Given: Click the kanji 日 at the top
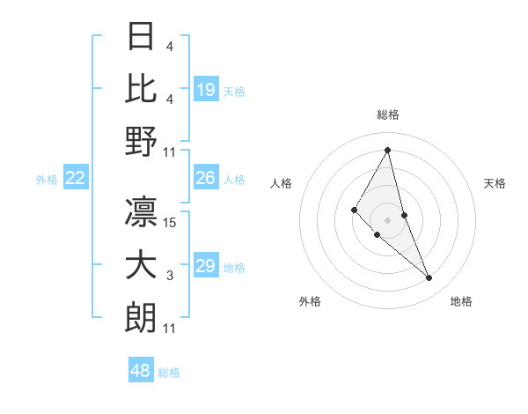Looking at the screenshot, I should [142, 37].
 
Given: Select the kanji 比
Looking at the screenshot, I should [142, 88].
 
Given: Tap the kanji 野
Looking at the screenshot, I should [142, 141].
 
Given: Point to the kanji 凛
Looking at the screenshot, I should [142, 211].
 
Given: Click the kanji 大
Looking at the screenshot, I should [142, 265].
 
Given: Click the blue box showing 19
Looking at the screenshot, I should [206, 89].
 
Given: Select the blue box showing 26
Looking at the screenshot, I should [206, 178].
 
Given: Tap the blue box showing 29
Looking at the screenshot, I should [206, 266].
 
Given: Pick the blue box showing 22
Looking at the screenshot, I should [76, 178].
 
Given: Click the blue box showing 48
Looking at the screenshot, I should [140, 371].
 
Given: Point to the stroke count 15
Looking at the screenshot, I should [171, 223].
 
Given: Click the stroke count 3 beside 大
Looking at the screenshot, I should [170, 276].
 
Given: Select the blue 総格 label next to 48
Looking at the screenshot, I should [170, 373].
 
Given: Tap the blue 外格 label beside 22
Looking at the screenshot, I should [47, 180].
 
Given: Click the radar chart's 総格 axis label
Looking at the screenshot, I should [388, 115].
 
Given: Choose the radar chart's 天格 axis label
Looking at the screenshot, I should [495, 183].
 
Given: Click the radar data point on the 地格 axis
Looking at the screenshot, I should [429, 277].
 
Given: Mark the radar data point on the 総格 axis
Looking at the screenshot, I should [388, 150].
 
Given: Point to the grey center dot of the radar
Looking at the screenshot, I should [388, 219].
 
